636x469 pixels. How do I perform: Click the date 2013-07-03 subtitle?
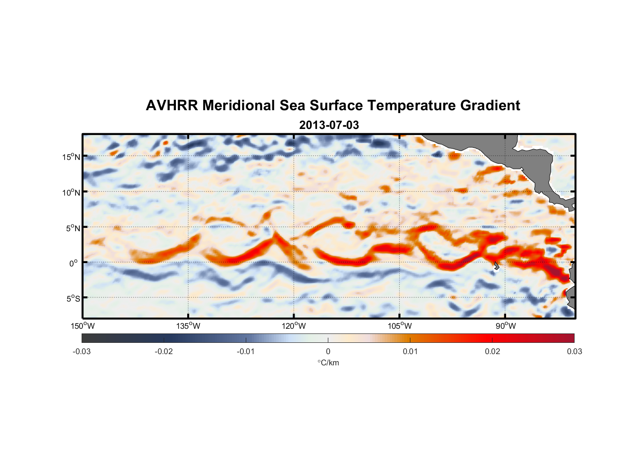329,125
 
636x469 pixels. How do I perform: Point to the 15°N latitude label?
71,157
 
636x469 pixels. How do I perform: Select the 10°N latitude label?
71,192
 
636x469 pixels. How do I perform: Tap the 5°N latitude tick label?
73,228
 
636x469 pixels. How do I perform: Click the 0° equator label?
74,263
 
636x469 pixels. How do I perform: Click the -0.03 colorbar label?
82,352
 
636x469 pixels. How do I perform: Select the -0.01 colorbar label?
246,352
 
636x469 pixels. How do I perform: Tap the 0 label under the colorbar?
328,352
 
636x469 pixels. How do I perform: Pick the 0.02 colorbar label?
492,352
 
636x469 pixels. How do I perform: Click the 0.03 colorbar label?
574,352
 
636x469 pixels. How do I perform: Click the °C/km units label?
328,363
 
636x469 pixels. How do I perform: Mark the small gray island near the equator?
497,266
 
